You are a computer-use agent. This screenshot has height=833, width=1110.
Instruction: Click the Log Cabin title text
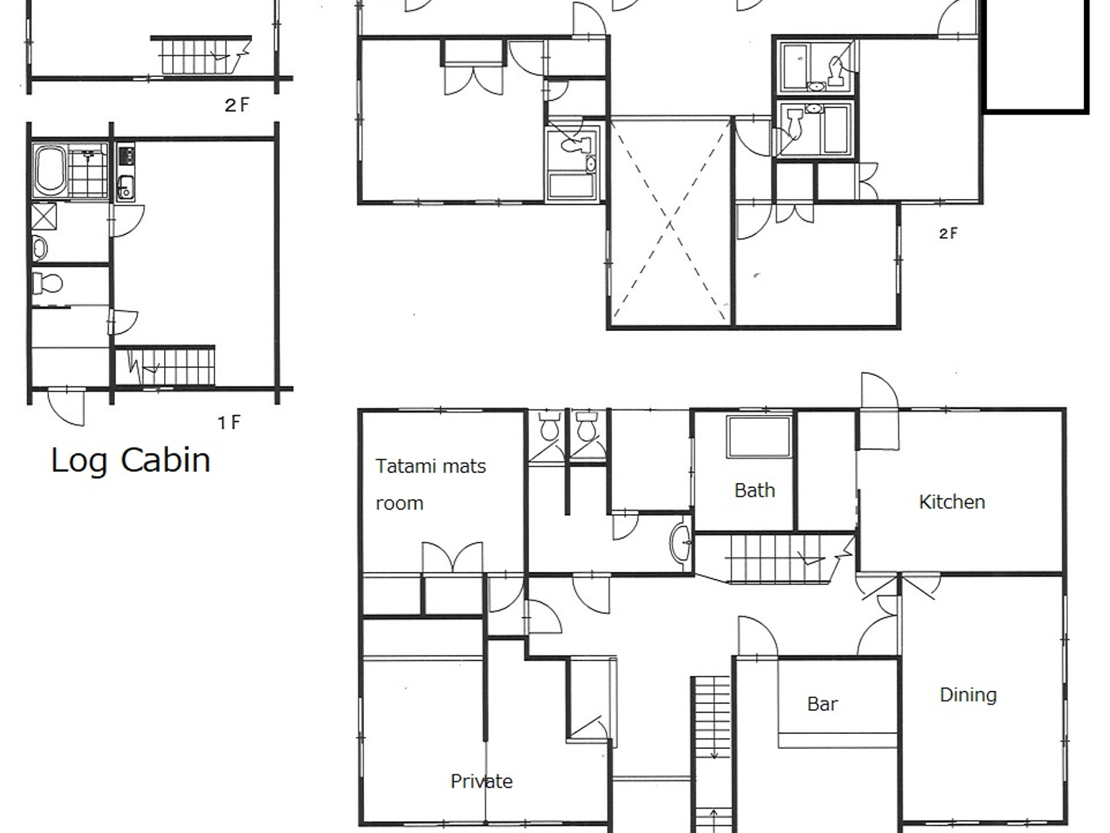point(131,461)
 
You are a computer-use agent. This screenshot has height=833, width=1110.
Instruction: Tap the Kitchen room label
point(951,502)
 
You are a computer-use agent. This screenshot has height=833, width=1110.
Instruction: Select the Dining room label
point(967,695)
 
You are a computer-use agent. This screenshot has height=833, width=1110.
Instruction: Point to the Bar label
point(822,704)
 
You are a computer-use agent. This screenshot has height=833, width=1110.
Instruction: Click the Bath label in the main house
point(754,491)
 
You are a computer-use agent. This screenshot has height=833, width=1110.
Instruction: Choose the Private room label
point(481,781)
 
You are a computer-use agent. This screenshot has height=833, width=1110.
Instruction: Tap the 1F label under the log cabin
point(229,423)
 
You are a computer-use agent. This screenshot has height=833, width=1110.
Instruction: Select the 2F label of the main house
point(947,233)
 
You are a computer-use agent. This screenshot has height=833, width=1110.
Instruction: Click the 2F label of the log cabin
point(236,105)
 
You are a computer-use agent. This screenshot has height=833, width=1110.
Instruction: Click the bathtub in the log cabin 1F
point(50,171)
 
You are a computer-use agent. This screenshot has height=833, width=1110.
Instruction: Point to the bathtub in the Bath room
point(759,436)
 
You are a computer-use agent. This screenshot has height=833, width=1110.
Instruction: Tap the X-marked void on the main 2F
point(670,222)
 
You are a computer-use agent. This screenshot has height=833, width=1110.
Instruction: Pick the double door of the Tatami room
point(452,558)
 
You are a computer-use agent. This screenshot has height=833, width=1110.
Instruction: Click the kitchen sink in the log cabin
point(125,189)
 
